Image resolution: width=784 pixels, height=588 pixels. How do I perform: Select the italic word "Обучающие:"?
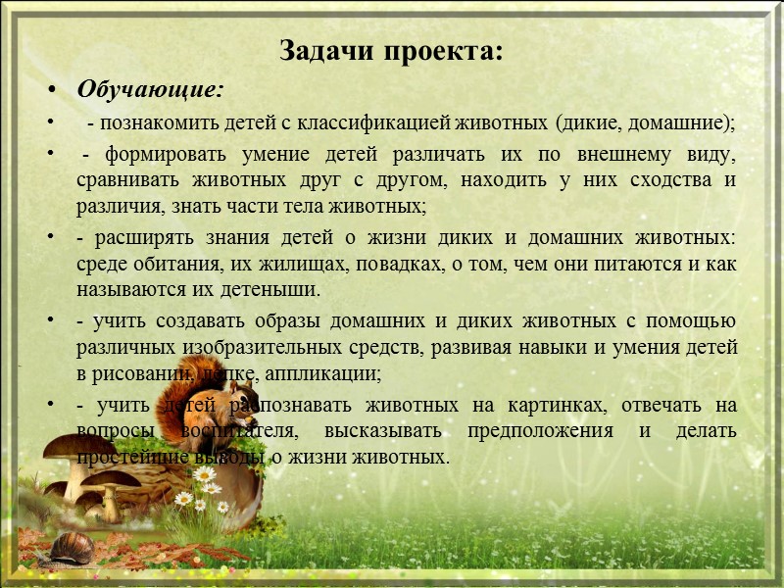(150, 91)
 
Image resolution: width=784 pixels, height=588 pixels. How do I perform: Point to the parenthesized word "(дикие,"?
(586, 124)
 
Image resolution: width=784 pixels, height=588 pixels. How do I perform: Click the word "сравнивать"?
(123, 181)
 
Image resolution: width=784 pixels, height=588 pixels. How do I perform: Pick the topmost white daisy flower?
(204, 474)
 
